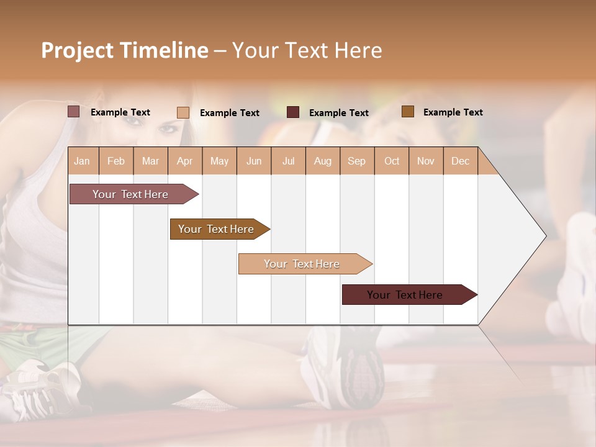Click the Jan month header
pyautogui.click(x=82, y=161)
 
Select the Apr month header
pyautogui.click(x=184, y=161)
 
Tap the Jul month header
pyautogui.click(x=288, y=161)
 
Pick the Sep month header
pyautogui.click(x=356, y=161)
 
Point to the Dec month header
pyautogui.click(x=460, y=161)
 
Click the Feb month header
pyautogui.click(x=116, y=161)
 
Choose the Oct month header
pyautogui.click(x=392, y=161)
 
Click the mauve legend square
pyautogui.click(x=73, y=112)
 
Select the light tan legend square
pyautogui.click(x=183, y=112)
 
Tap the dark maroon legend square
pyautogui.click(x=293, y=112)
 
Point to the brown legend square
pyautogui.click(x=407, y=112)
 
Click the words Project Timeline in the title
pyautogui.click(x=124, y=50)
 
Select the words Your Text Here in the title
pyautogui.click(x=307, y=50)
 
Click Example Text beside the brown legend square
pyautogui.click(x=453, y=112)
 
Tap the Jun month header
pyautogui.click(x=254, y=161)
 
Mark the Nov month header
pyautogui.click(x=425, y=161)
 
